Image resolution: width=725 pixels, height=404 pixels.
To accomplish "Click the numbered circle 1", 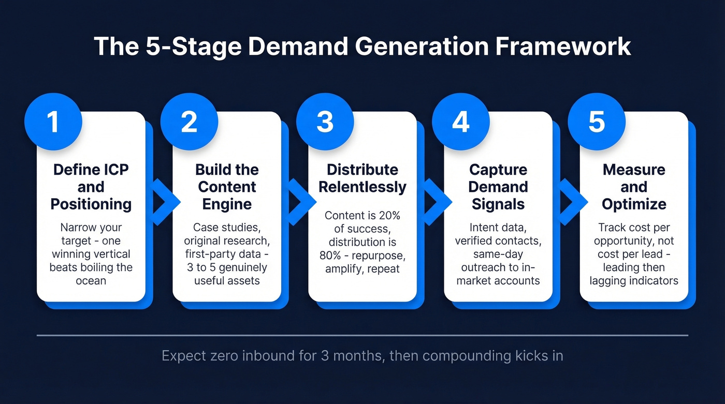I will (x=53, y=122).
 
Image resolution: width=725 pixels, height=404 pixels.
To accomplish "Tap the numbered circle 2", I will (x=189, y=122).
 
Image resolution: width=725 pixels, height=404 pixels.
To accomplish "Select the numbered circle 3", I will (x=325, y=122).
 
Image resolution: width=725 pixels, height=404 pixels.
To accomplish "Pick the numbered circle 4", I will (x=460, y=122).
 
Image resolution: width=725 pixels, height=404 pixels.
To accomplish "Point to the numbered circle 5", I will (x=597, y=122).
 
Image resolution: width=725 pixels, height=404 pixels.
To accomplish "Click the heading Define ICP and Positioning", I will (x=91, y=187).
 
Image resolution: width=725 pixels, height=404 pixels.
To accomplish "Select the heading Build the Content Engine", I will (x=227, y=187).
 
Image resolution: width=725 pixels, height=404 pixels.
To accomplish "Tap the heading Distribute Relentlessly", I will (x=363, y=178).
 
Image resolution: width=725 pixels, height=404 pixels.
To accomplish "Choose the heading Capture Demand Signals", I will (x=498, y=187).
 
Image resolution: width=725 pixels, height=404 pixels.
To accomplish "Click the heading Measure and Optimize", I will (x=634, y=187).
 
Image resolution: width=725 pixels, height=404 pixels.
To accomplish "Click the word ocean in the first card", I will (x=91, y=281).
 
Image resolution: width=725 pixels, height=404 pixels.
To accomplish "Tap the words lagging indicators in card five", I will (x=634, y=281).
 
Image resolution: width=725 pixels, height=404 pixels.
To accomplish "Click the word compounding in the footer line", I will (x=477, y=356).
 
